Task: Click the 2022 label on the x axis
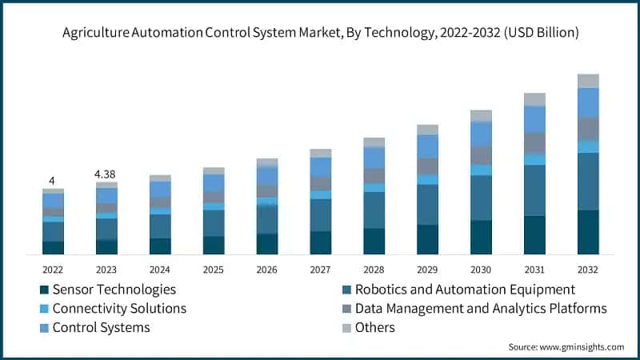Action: [53, 269]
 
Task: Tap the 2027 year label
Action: [320, 269]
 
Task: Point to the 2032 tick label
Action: [588, 269]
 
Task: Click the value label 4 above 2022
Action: [52, 182]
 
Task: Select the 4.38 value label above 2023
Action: [106, 174]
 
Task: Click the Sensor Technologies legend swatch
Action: [42, 290]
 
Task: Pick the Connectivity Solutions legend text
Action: [119, 308]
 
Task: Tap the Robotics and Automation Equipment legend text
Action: [465, 290]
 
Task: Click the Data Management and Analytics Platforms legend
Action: [481, 308]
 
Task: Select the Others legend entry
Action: [375, 327]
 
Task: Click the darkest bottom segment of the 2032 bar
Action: [588, 232]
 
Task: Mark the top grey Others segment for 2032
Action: [588, 81]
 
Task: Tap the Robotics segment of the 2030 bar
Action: [481, 198]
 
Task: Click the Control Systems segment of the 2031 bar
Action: [534, 119]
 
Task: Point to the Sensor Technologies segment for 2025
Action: [214, 245]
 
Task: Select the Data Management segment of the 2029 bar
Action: [427, 166]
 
